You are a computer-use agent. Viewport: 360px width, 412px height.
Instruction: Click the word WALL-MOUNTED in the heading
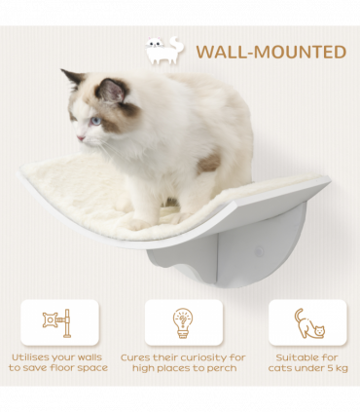coord(270,52)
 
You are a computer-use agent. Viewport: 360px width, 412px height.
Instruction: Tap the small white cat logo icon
coord(162,51)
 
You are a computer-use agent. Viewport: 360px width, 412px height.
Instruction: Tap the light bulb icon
coord(183,320)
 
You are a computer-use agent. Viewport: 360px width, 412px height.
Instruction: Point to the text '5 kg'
coord(332,368)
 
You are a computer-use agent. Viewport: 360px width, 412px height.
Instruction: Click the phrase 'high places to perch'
coord(184,368)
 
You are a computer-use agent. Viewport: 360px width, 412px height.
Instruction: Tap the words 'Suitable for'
coord(308,356)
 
